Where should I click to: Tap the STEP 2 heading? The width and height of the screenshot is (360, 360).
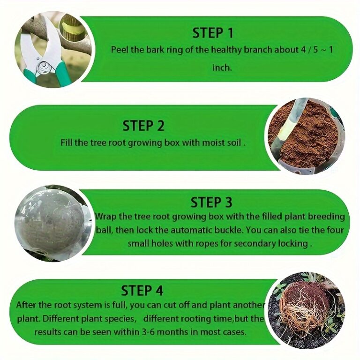[143, 126]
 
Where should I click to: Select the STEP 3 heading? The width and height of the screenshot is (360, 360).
[211, 202]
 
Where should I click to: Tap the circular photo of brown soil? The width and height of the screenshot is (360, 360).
[306, 136]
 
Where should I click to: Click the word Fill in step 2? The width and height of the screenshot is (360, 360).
[67, 142]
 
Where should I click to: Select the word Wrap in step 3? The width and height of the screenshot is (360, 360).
[105, 217]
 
